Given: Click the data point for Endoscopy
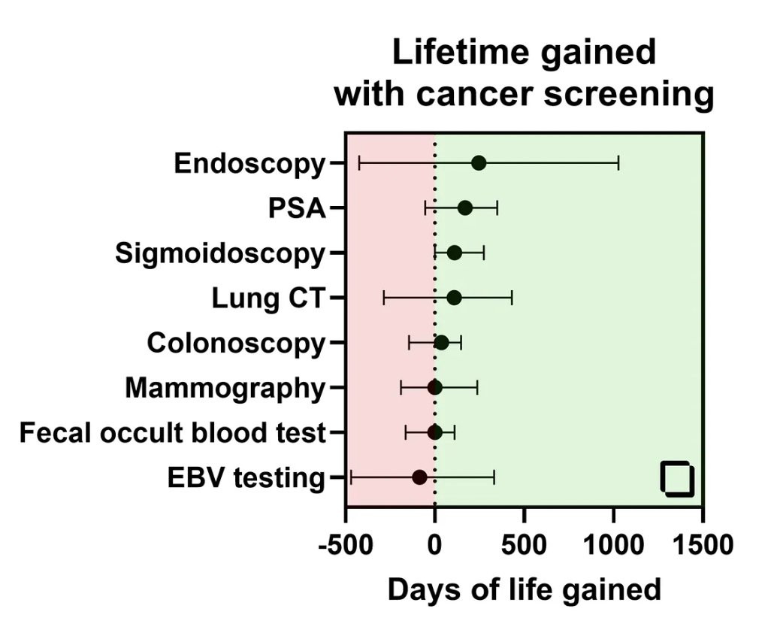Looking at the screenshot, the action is pos(479,163).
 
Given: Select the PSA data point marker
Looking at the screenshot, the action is pos(465,208).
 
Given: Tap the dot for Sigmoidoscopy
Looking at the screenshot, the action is pos(455,253).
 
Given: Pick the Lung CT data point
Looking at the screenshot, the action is pos(454,298).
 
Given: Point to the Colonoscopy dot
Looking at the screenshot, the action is pos(441,343).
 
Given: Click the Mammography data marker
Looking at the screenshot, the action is pos(434,388).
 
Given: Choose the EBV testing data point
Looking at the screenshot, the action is pos(420,477).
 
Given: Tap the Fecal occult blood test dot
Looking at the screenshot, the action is pos(434,432).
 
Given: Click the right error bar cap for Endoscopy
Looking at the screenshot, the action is pos(618,163).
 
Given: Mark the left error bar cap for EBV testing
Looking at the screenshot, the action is pos(351,477).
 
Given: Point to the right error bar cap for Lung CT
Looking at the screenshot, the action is pos(512,298).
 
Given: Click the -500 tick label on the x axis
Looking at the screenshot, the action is pos(346,545).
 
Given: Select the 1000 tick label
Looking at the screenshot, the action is pos(614,545).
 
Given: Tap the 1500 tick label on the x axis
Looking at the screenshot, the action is pos(703,545).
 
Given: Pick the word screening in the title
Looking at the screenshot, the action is pos(629,94).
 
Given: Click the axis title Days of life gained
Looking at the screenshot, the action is pos(524,589).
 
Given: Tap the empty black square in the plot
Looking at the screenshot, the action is pos(677,479).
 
